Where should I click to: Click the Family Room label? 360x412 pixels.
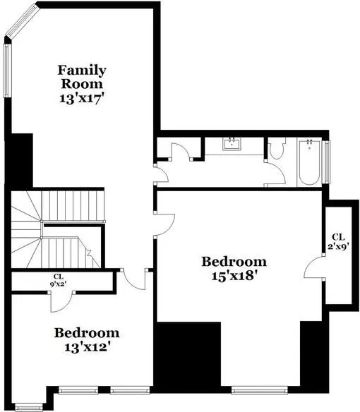82,77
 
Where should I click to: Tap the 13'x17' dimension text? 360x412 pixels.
80,99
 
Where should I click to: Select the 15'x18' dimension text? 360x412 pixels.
234,276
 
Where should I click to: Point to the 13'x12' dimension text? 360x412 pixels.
87,347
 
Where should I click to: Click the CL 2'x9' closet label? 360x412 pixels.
338,241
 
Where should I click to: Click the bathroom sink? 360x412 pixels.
232,144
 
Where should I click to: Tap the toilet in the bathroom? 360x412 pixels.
277,148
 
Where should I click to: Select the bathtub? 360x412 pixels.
309,162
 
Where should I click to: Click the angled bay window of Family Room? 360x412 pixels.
22,20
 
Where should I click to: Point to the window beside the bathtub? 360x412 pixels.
327,162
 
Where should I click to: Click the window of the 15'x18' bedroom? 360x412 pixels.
259,390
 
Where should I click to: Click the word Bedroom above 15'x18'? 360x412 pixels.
234,262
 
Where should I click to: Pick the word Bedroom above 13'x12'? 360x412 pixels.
87,333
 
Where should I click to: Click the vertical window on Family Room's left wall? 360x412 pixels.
7,71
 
